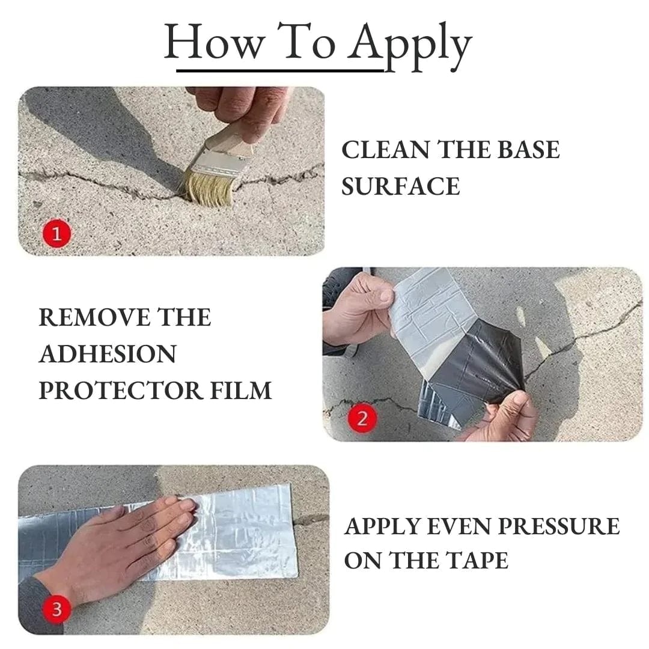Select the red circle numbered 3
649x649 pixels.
click(x=56, y=609)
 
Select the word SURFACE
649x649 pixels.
click(x=400, y=186)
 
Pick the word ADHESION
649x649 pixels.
click(x=108, y=354)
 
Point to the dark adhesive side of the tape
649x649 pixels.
click(x=475, y=361)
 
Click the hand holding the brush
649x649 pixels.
click(x=240, y=105)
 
